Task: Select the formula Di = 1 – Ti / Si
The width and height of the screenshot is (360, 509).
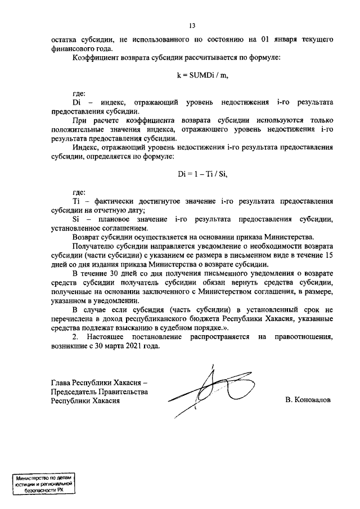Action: [202, 174]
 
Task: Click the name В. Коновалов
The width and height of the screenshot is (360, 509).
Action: [308, 400]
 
